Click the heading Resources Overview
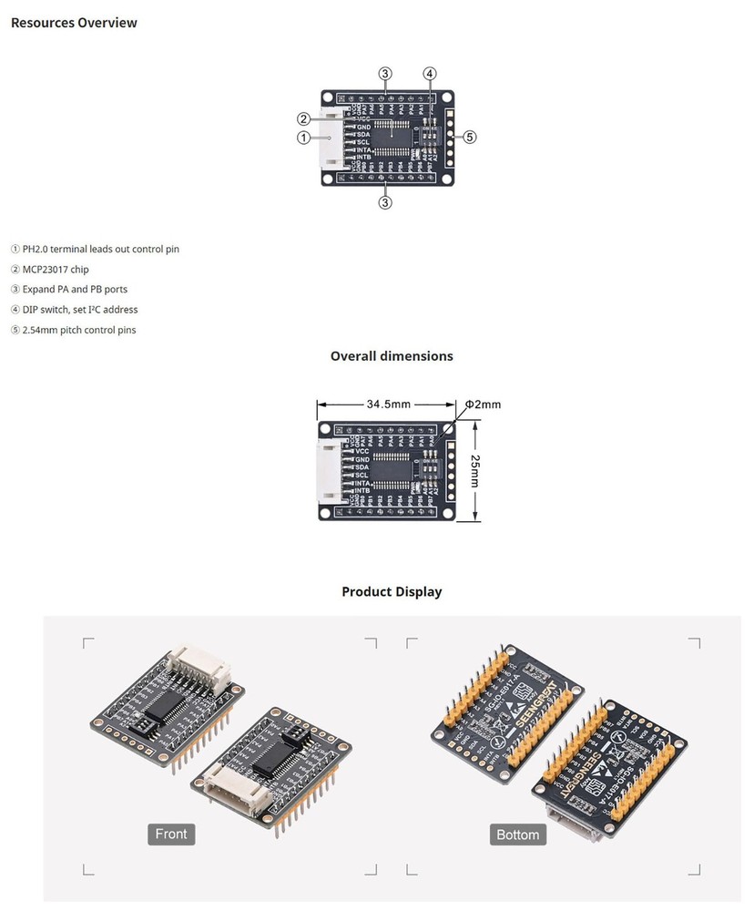coord(74,23)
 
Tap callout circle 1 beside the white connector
coord(303,138)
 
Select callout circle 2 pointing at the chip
coord(303,118)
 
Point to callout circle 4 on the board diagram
coord(430,73)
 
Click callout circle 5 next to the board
coord(470,138)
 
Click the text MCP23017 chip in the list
coord(56,270)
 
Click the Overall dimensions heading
coord(392,356)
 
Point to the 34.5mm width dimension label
coord(389,404)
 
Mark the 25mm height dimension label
coord(474,471)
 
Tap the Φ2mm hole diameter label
coord(483,404)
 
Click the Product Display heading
coord(392,592)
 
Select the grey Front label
coord(171,834)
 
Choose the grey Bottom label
coord(517,834)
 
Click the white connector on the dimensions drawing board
coord(330,471)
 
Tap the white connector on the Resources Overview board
coord(331,138)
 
